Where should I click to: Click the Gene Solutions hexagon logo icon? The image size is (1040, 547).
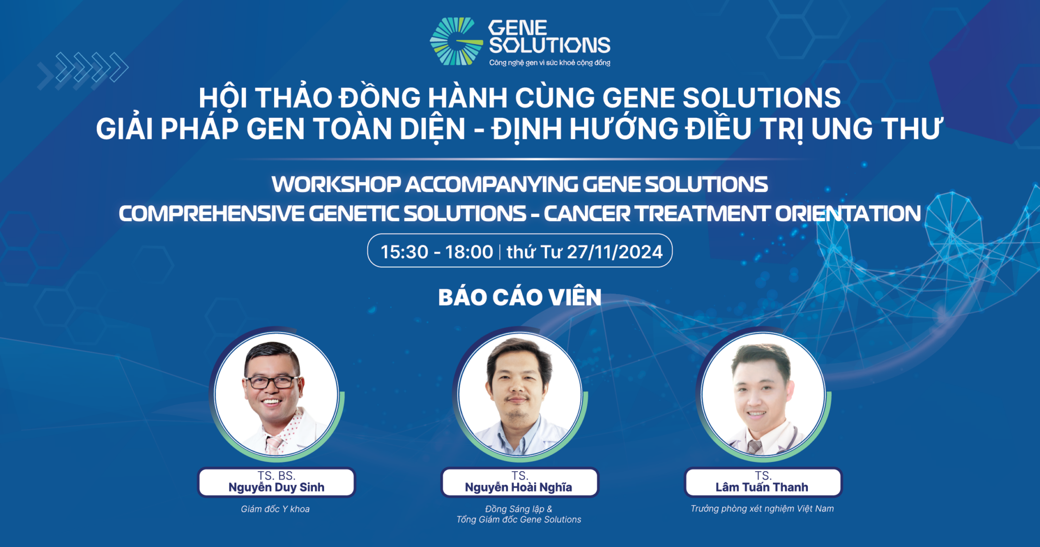(456, 42)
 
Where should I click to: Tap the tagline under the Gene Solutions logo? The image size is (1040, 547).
(549, 63)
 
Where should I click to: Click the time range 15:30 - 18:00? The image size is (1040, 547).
(437, 252)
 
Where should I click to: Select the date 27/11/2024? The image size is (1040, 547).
(614, 252)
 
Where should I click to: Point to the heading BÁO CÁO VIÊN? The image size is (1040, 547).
(519, 297)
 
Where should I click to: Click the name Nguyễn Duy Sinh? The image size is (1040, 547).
(276, 488)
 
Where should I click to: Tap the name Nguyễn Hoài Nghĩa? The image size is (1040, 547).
(518, 488)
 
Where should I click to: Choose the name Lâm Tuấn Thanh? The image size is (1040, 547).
(762, 488)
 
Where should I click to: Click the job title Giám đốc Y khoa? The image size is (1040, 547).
(275, 509)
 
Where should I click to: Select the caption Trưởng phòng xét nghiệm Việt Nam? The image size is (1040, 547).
(762, 509)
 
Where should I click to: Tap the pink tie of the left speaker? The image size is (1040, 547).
(274, 445)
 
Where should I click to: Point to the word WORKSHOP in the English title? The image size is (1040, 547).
(336, 185)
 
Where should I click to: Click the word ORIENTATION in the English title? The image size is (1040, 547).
(848, 214)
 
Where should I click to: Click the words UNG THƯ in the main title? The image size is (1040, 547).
(876, 129)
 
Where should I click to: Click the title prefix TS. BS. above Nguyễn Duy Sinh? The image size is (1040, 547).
(276, 476)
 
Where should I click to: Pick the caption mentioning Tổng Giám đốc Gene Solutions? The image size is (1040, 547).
(518, 520)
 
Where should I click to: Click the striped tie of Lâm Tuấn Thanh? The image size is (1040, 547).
(755, 447)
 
